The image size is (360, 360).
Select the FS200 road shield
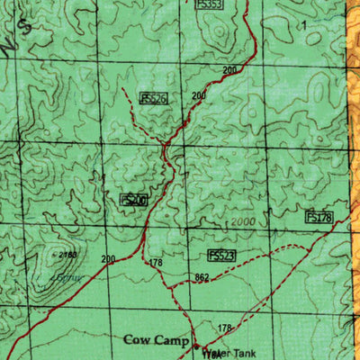(133, 199)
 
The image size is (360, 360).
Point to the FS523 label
(221, 256)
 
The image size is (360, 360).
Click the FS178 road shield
(319, 217)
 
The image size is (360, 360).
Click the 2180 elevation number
(65, 256)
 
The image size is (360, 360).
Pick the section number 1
(304, 24)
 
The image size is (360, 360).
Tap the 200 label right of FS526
(198, 95)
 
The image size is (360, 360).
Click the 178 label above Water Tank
(225, 328)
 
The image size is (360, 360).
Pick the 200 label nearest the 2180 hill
(109, 259)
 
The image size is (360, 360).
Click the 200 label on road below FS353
(230, 70)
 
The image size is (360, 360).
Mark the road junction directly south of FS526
(165, 144)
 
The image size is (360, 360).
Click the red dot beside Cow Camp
(205, 345)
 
